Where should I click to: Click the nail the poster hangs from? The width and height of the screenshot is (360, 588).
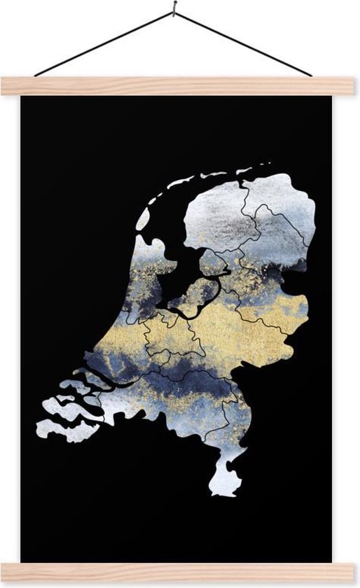(173, 9)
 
